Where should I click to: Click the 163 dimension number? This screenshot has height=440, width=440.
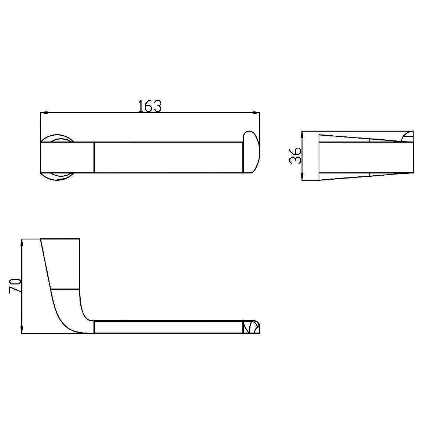[150, 106]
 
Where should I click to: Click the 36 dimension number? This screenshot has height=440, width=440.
[295, 156]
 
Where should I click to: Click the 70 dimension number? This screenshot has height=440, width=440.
[15, 285]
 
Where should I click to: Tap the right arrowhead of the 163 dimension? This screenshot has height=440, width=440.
[256, 113]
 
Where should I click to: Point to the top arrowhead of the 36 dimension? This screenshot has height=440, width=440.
[302, 135]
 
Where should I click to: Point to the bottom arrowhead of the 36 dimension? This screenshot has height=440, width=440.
[302, 176]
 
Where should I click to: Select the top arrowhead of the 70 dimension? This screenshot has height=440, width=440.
[22, 243]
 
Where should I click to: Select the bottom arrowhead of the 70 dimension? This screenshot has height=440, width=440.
[22, 330]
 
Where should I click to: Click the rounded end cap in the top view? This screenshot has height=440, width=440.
[251, 152]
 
